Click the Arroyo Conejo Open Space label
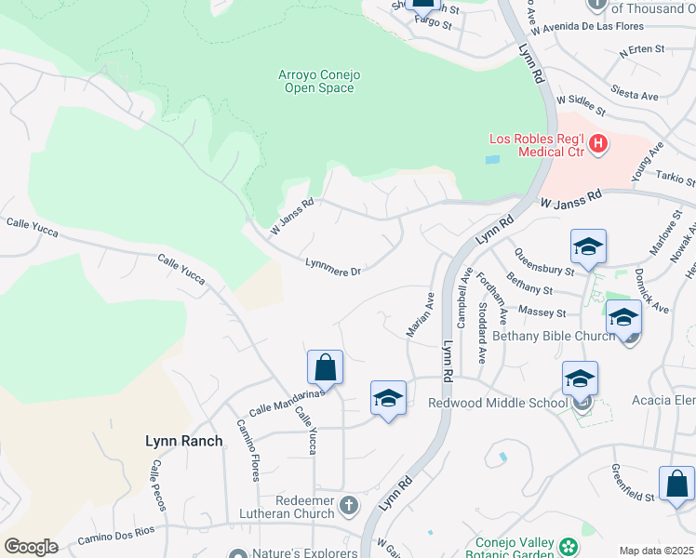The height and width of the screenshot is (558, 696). (318, 81)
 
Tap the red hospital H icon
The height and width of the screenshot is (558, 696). (598, 145)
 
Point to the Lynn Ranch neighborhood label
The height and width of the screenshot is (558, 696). (184, 441)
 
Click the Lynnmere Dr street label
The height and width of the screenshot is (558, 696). (332, 267)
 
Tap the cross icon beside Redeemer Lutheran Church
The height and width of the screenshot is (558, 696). (349, 506)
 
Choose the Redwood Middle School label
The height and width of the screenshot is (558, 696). (497, 403)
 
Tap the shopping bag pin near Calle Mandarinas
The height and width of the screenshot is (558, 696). (325, 367)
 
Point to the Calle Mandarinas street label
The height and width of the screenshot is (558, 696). (286, 402)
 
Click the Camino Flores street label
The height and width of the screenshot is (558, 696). (248, 449)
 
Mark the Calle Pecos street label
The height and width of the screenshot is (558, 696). (156, 484)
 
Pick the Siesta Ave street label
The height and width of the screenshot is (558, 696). (635, 91)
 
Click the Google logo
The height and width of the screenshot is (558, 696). (31, 547)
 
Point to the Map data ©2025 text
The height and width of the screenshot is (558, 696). (656, 551)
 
